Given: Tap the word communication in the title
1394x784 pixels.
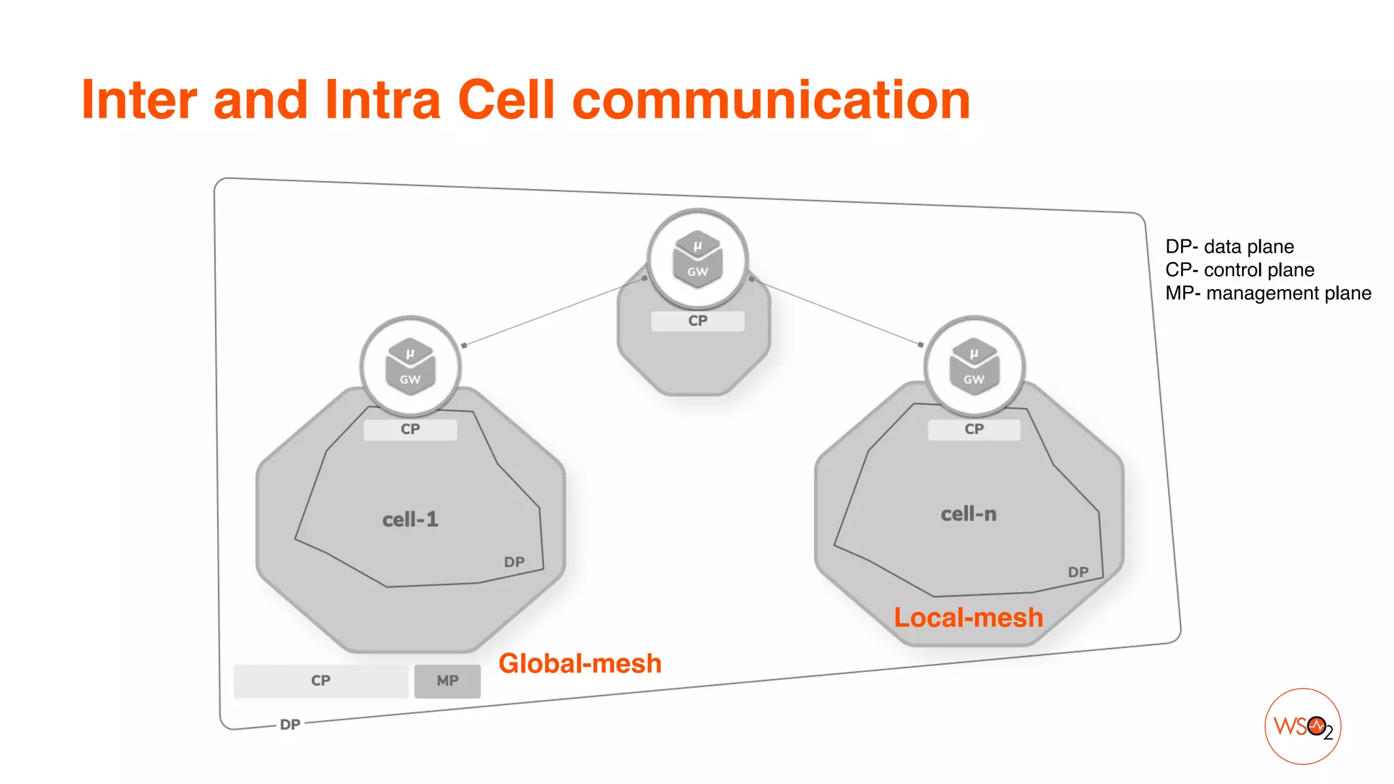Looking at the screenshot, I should click(771, 101).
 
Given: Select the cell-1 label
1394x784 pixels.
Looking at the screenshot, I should click(410, 520).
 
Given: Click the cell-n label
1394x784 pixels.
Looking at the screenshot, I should click(968, 514).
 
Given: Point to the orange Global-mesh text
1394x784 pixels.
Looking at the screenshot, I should click(580, 664).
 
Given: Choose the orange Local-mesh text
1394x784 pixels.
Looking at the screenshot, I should click(968, 618).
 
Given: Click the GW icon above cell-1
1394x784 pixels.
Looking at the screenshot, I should click(410, 367).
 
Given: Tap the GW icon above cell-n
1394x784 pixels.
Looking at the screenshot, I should click(974, 367).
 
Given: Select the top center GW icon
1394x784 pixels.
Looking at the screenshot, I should click(697, 259).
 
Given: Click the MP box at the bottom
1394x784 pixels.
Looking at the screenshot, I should click(447, 681).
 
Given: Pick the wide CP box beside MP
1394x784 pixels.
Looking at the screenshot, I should click(321, 681).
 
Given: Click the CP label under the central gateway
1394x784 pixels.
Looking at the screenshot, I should click(698, 321).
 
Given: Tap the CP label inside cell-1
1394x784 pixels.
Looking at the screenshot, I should click(410, 429).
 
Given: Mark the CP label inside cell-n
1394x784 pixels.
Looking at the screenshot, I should click(974, 429).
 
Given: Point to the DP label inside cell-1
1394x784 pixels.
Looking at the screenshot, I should click(514, 562).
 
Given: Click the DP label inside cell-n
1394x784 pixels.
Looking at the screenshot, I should click(1078, 572).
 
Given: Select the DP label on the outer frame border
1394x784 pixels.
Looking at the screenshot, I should click(290, 725).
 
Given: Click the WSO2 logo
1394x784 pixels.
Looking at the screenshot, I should click(1302, 726).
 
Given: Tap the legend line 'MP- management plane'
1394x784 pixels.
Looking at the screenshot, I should click(1268, 293).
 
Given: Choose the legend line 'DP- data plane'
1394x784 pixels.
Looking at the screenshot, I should click(1229, 246).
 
